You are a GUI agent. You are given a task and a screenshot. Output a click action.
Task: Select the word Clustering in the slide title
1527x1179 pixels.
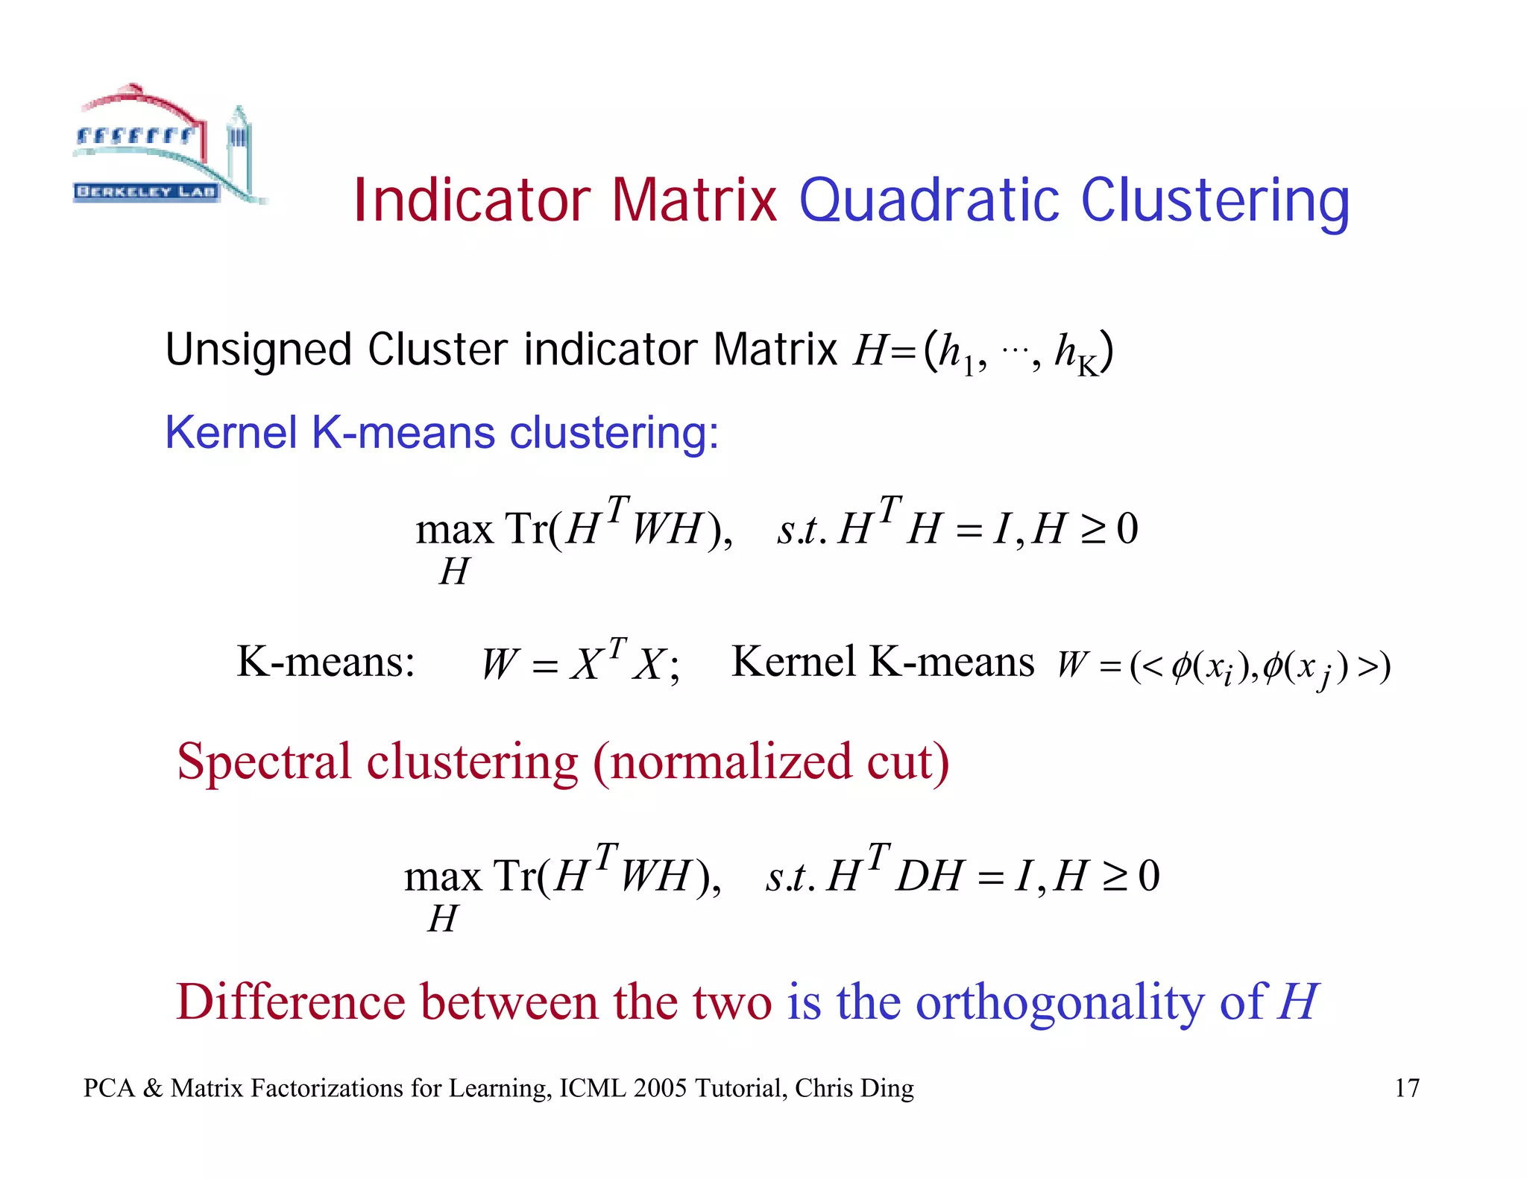pyautogui.click(x=1215, y=202)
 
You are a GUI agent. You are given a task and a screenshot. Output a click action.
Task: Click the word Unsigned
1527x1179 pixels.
pyautogui.click(x=258, y=350)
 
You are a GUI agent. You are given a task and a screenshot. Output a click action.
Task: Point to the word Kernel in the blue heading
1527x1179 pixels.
pyautogui.click(x=230, y=432)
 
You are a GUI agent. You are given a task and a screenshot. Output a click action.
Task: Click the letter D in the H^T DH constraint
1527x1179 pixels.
pyautogui.click(x=913, y=876)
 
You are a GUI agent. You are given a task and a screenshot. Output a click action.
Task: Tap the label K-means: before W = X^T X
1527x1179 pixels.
pyautogui.click(x=326, y=662)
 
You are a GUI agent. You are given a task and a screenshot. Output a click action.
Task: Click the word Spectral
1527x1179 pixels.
pyautogui.click(x=263, y=762)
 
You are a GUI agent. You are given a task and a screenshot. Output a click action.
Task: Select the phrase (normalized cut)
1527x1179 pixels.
pyautogui.click(x=771, y=762)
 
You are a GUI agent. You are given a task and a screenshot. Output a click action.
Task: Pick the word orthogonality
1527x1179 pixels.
pyautogui.click(x=1059, y=1003)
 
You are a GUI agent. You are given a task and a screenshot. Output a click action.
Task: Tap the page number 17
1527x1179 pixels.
pyautogui.click(x=1407, y=1088)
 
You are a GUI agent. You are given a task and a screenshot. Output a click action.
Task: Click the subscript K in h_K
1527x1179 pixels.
pyautogui.click(x=1088, y=367)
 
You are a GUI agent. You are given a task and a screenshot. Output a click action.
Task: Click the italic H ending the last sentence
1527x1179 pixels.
pyautogui.click(x=1297, y=1002)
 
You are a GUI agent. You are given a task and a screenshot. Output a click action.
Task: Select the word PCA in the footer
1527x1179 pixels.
pyautogui.click(x=109, y=1088)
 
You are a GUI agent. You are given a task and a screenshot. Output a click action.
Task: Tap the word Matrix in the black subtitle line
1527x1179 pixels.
pyautogui.click(x=775, y=350)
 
